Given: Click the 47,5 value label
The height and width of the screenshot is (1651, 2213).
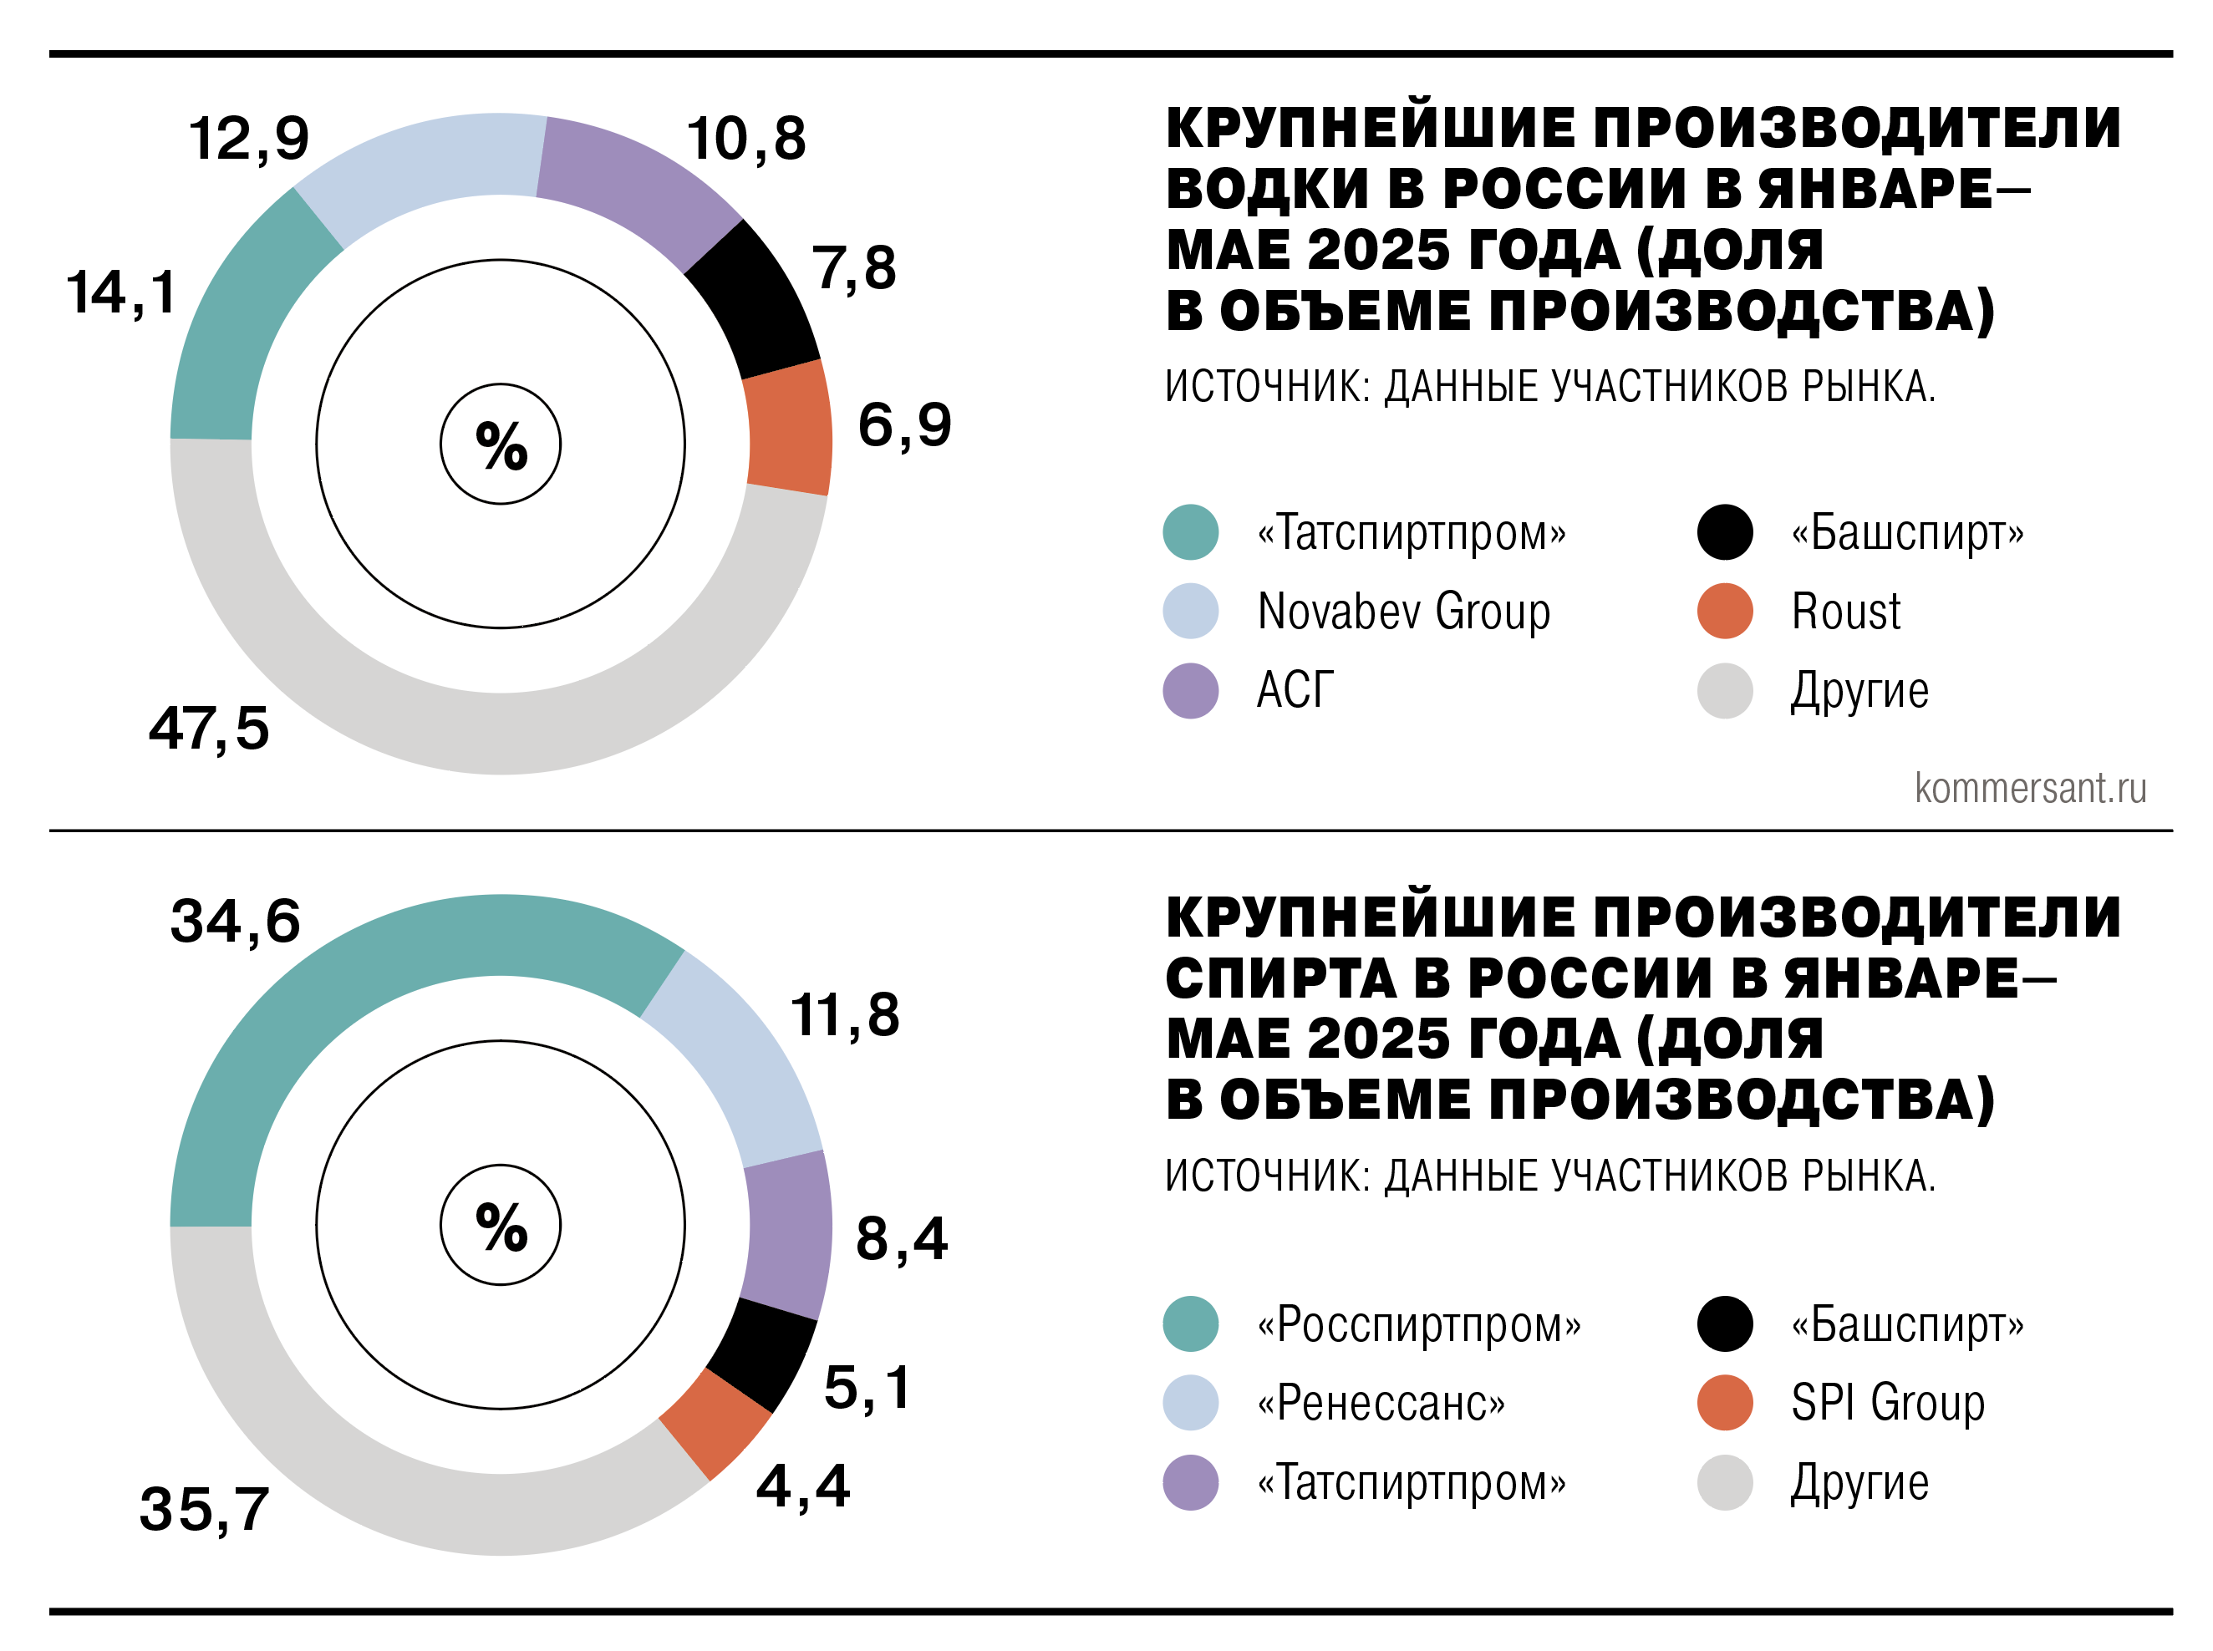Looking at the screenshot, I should (x=209, y=728).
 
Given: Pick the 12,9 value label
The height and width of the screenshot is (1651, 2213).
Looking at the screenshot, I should (x=249, y=138).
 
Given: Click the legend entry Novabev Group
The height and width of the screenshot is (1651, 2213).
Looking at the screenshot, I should (x=1403, y=611).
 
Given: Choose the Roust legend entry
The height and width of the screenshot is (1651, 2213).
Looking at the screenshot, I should (x=1845, y=611).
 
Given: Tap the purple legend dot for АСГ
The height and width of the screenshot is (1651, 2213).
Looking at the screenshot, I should (x=1190, y=691).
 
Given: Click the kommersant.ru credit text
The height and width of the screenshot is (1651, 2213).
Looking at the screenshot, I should (x=2030, y=789).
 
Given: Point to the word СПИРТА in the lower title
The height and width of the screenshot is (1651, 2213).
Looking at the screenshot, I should (x=1280, y=978).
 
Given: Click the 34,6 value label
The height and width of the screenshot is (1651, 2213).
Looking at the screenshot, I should (x=235, y=921).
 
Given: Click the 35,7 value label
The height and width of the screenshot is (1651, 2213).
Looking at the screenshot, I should (x=205, y=1509).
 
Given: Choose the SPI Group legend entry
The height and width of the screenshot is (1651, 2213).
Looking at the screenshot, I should (x=1887, y=1403).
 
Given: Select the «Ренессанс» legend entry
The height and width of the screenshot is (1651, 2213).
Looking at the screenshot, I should (x=1381, y=1403).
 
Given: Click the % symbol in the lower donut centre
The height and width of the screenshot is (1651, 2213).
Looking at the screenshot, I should (x=501, y=1227).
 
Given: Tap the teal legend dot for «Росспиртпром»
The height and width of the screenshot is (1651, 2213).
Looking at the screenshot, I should (x=1190, y=1324).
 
